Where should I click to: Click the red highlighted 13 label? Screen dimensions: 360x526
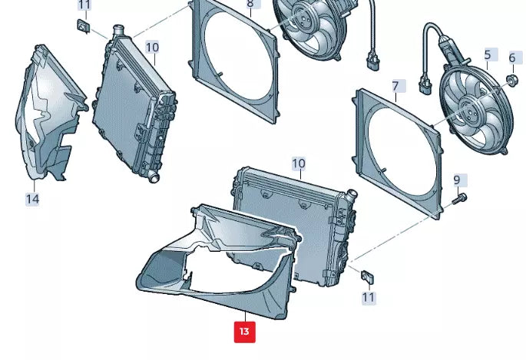(244, 332)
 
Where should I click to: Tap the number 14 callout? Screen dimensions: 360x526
(32, 200)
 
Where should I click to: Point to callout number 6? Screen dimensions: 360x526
(512, 58)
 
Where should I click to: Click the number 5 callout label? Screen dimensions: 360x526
(487, 55)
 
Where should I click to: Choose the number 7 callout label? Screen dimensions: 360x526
(395, 85)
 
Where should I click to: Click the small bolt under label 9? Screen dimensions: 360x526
(459, 199)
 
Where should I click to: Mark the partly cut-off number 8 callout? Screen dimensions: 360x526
(250, 4)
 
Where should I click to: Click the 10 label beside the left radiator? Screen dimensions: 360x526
(152, 48)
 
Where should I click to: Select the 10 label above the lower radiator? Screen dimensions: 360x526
(299, 163)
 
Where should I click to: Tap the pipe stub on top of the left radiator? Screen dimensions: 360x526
(117, 31)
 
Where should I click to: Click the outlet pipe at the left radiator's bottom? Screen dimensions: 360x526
(153, 177)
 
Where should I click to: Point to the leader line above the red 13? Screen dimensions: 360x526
(244, 316)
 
